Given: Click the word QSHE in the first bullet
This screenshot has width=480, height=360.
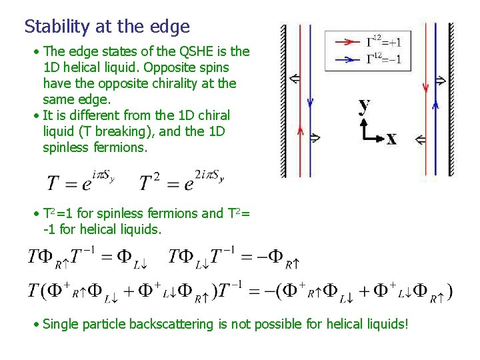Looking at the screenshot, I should coord(197,51).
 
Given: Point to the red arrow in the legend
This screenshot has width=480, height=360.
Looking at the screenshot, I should coord(347,42).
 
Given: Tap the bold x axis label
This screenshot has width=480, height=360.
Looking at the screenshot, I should coord(391,138).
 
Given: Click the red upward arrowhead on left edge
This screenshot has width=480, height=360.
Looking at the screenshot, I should coord(300,131).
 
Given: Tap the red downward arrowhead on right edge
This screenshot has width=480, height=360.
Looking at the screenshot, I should coord(425,87).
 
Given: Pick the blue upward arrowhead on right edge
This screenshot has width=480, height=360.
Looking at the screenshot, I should coord(436,103).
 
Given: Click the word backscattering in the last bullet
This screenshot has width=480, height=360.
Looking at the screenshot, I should coord(171,325).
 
